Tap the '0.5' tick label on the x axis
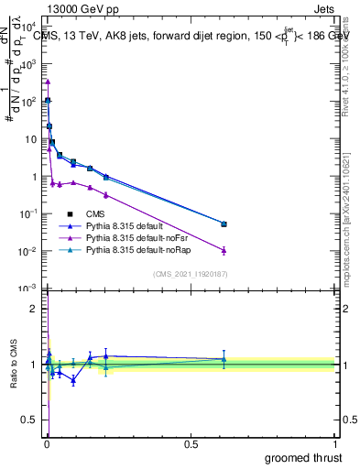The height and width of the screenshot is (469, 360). [x=191, y=442]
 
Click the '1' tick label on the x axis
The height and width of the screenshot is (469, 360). [x=334, y=442]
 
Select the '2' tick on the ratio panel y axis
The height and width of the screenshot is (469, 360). [x=34, y=309]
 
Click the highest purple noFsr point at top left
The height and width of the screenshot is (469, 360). [x=48, y=82]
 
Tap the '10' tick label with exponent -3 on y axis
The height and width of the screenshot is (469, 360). [x=27, y=289]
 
